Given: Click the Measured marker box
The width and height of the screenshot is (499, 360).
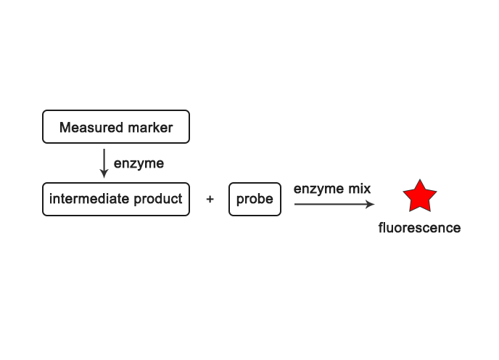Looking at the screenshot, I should [x=116, y=127].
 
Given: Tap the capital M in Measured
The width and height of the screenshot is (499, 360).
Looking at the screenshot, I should [x=65, y=128].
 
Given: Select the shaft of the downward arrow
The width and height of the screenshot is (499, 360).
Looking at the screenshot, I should [x=104, y=160].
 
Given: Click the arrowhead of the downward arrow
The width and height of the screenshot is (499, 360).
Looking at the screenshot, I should [x=104, y=174].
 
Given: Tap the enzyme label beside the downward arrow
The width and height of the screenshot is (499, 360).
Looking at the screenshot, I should [x=139, y=163].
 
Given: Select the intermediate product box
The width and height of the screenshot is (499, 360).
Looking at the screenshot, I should [x=116, y=199].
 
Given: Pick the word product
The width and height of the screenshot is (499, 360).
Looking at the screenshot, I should [x=157, y=199].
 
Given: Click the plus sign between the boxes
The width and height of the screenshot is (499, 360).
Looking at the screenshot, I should [x=210, y=199].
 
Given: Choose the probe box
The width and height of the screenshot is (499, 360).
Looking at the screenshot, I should [x=255, y=199].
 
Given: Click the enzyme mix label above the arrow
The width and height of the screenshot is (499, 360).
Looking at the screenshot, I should [x=332, y=189].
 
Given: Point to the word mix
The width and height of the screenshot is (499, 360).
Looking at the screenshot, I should [x=359, y=189].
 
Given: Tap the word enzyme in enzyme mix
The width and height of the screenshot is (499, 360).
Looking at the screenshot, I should [x=318, y=189].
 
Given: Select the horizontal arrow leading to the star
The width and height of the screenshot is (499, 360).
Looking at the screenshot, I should [x=330, y=204].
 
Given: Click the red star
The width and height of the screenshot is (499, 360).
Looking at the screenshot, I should [x=419, y=197].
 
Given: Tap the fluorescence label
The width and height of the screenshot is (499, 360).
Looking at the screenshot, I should [x=419, y=228].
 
